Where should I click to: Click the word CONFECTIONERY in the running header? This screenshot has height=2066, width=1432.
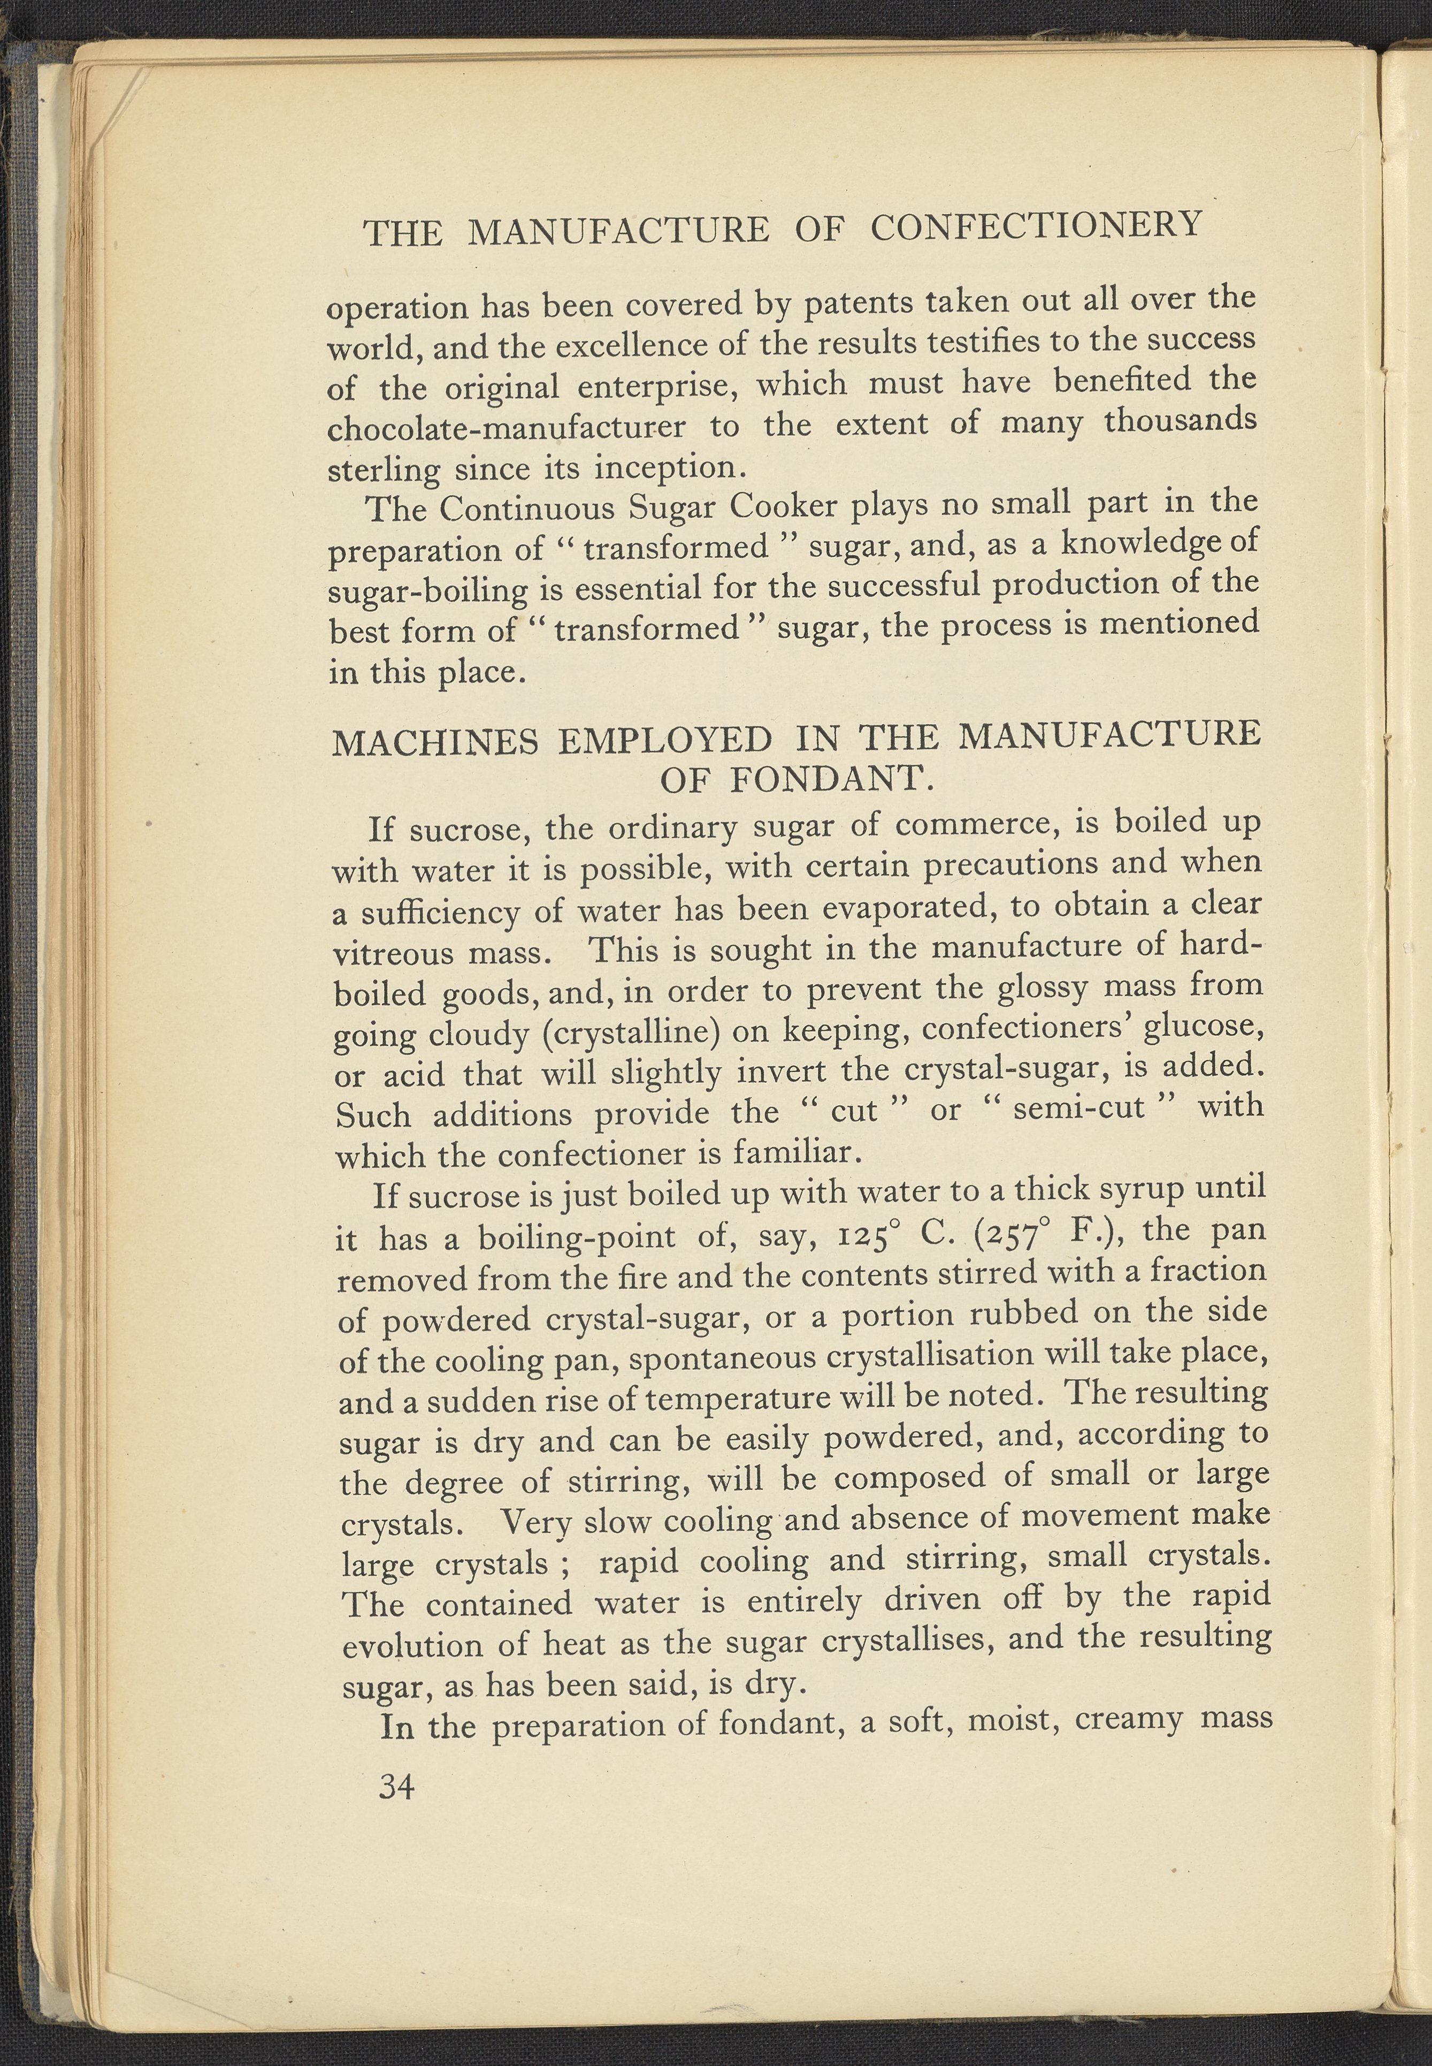pyautogui.click(x=1036, y=226)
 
